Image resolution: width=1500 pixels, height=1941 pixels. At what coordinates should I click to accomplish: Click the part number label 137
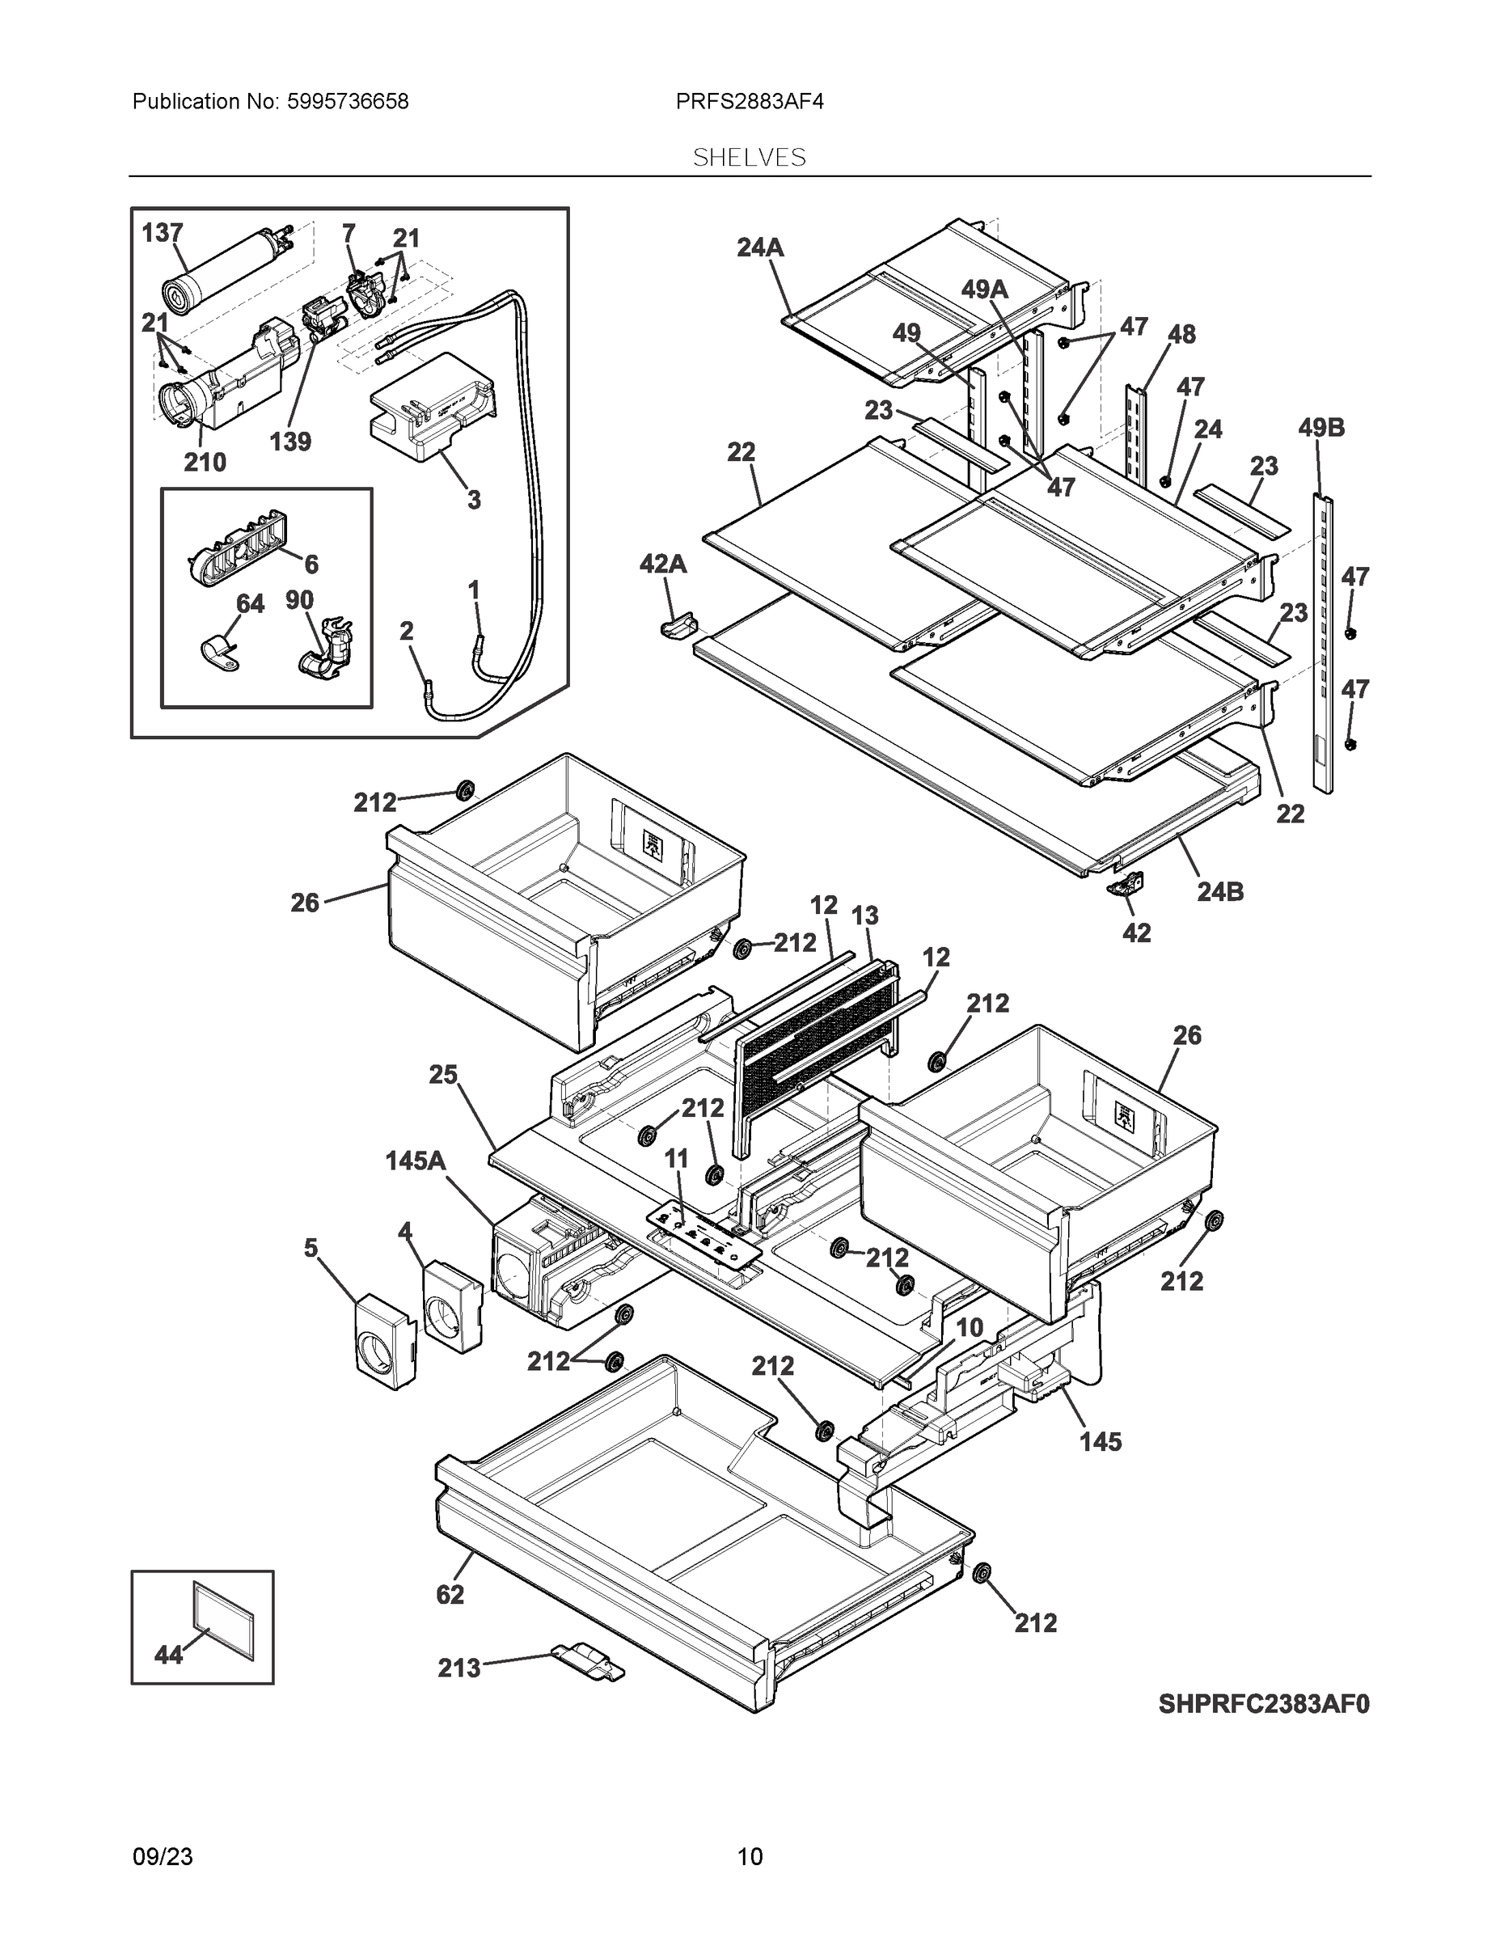click(x=163, y=233)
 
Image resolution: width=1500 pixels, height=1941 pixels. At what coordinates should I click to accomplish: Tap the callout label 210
click(x=205, y=462)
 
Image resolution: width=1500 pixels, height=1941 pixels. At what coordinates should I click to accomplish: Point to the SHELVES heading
click(x=749, y=158)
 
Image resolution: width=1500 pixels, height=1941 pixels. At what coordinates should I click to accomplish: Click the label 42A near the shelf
click(x=663, y=564)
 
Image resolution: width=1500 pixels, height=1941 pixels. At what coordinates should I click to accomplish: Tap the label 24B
click(x=1220, y=891)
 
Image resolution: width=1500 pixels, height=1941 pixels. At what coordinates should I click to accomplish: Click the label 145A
click(x=416, y=1161)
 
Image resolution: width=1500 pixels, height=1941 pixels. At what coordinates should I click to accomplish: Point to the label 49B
click(x=1321, y=428)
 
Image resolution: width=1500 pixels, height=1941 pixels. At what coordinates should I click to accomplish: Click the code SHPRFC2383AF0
click(x=1264, y=1704)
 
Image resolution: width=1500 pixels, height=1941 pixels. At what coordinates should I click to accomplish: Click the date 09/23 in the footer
click(x=163, y=1857)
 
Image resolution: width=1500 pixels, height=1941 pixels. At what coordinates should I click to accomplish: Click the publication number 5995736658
click(x=349, y=101)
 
